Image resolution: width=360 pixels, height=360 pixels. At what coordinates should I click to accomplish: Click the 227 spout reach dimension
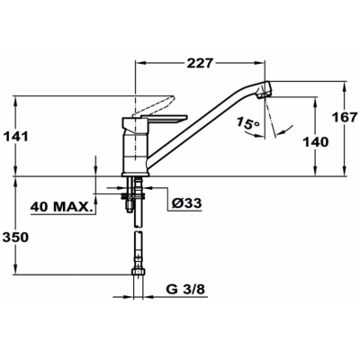click(x=200, y=64)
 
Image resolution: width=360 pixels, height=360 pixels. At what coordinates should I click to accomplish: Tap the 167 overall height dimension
click(x=346, y=117)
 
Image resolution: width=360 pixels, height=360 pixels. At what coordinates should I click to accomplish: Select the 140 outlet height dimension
click(x=315, y=141)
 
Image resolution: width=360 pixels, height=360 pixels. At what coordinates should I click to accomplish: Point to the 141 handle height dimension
click(x=15, y=137)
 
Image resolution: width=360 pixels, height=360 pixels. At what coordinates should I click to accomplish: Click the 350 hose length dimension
click(x=15, y=237)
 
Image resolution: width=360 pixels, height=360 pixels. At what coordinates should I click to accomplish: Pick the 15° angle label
click(x=247, y=123)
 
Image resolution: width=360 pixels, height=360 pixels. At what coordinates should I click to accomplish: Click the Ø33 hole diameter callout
click(x=186, y=203)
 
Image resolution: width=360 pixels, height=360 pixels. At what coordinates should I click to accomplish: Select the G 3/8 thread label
click(x=185, y=290)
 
